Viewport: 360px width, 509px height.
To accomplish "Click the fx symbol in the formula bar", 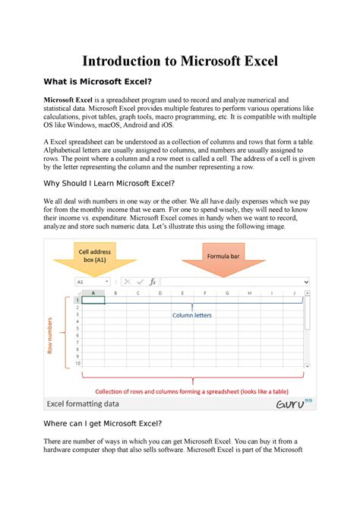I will (152, 281).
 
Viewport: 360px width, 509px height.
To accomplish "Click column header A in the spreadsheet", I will (93, 292).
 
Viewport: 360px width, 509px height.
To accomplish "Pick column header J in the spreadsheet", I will (294, 292).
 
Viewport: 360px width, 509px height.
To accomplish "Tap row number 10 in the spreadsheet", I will (77, 363).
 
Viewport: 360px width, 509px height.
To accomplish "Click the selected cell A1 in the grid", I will (93, 300).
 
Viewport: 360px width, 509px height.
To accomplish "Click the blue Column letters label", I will (191, 315).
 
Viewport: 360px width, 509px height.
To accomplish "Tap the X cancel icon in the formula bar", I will (127, 281).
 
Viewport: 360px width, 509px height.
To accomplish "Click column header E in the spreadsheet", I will (182, 292).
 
